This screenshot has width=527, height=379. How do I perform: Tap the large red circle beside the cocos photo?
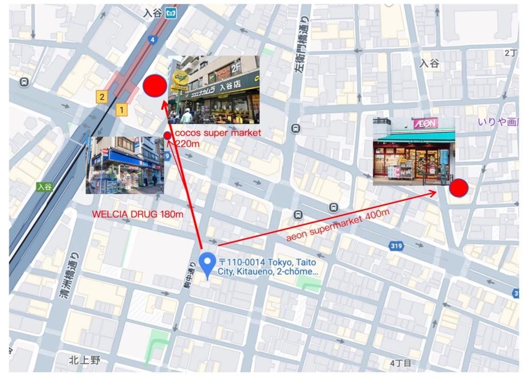[155, 86]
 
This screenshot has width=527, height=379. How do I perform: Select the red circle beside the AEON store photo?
[458, 188]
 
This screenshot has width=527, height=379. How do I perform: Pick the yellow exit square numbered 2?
[101, 96]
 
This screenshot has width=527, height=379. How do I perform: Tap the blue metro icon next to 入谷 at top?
[170, 14]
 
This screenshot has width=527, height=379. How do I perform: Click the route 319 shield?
[397, 246]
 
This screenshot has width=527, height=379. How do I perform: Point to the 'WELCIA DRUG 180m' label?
[138, 215]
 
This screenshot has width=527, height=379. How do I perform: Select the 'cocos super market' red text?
[218, 133]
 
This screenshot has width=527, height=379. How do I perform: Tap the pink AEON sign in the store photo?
[425, 123]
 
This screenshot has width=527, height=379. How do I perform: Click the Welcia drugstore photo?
[125, 165]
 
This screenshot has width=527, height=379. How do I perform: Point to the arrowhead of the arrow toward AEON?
[433, 193]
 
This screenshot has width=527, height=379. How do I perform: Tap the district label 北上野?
[84, 361]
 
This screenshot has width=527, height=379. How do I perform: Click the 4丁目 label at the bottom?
[401, 363]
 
